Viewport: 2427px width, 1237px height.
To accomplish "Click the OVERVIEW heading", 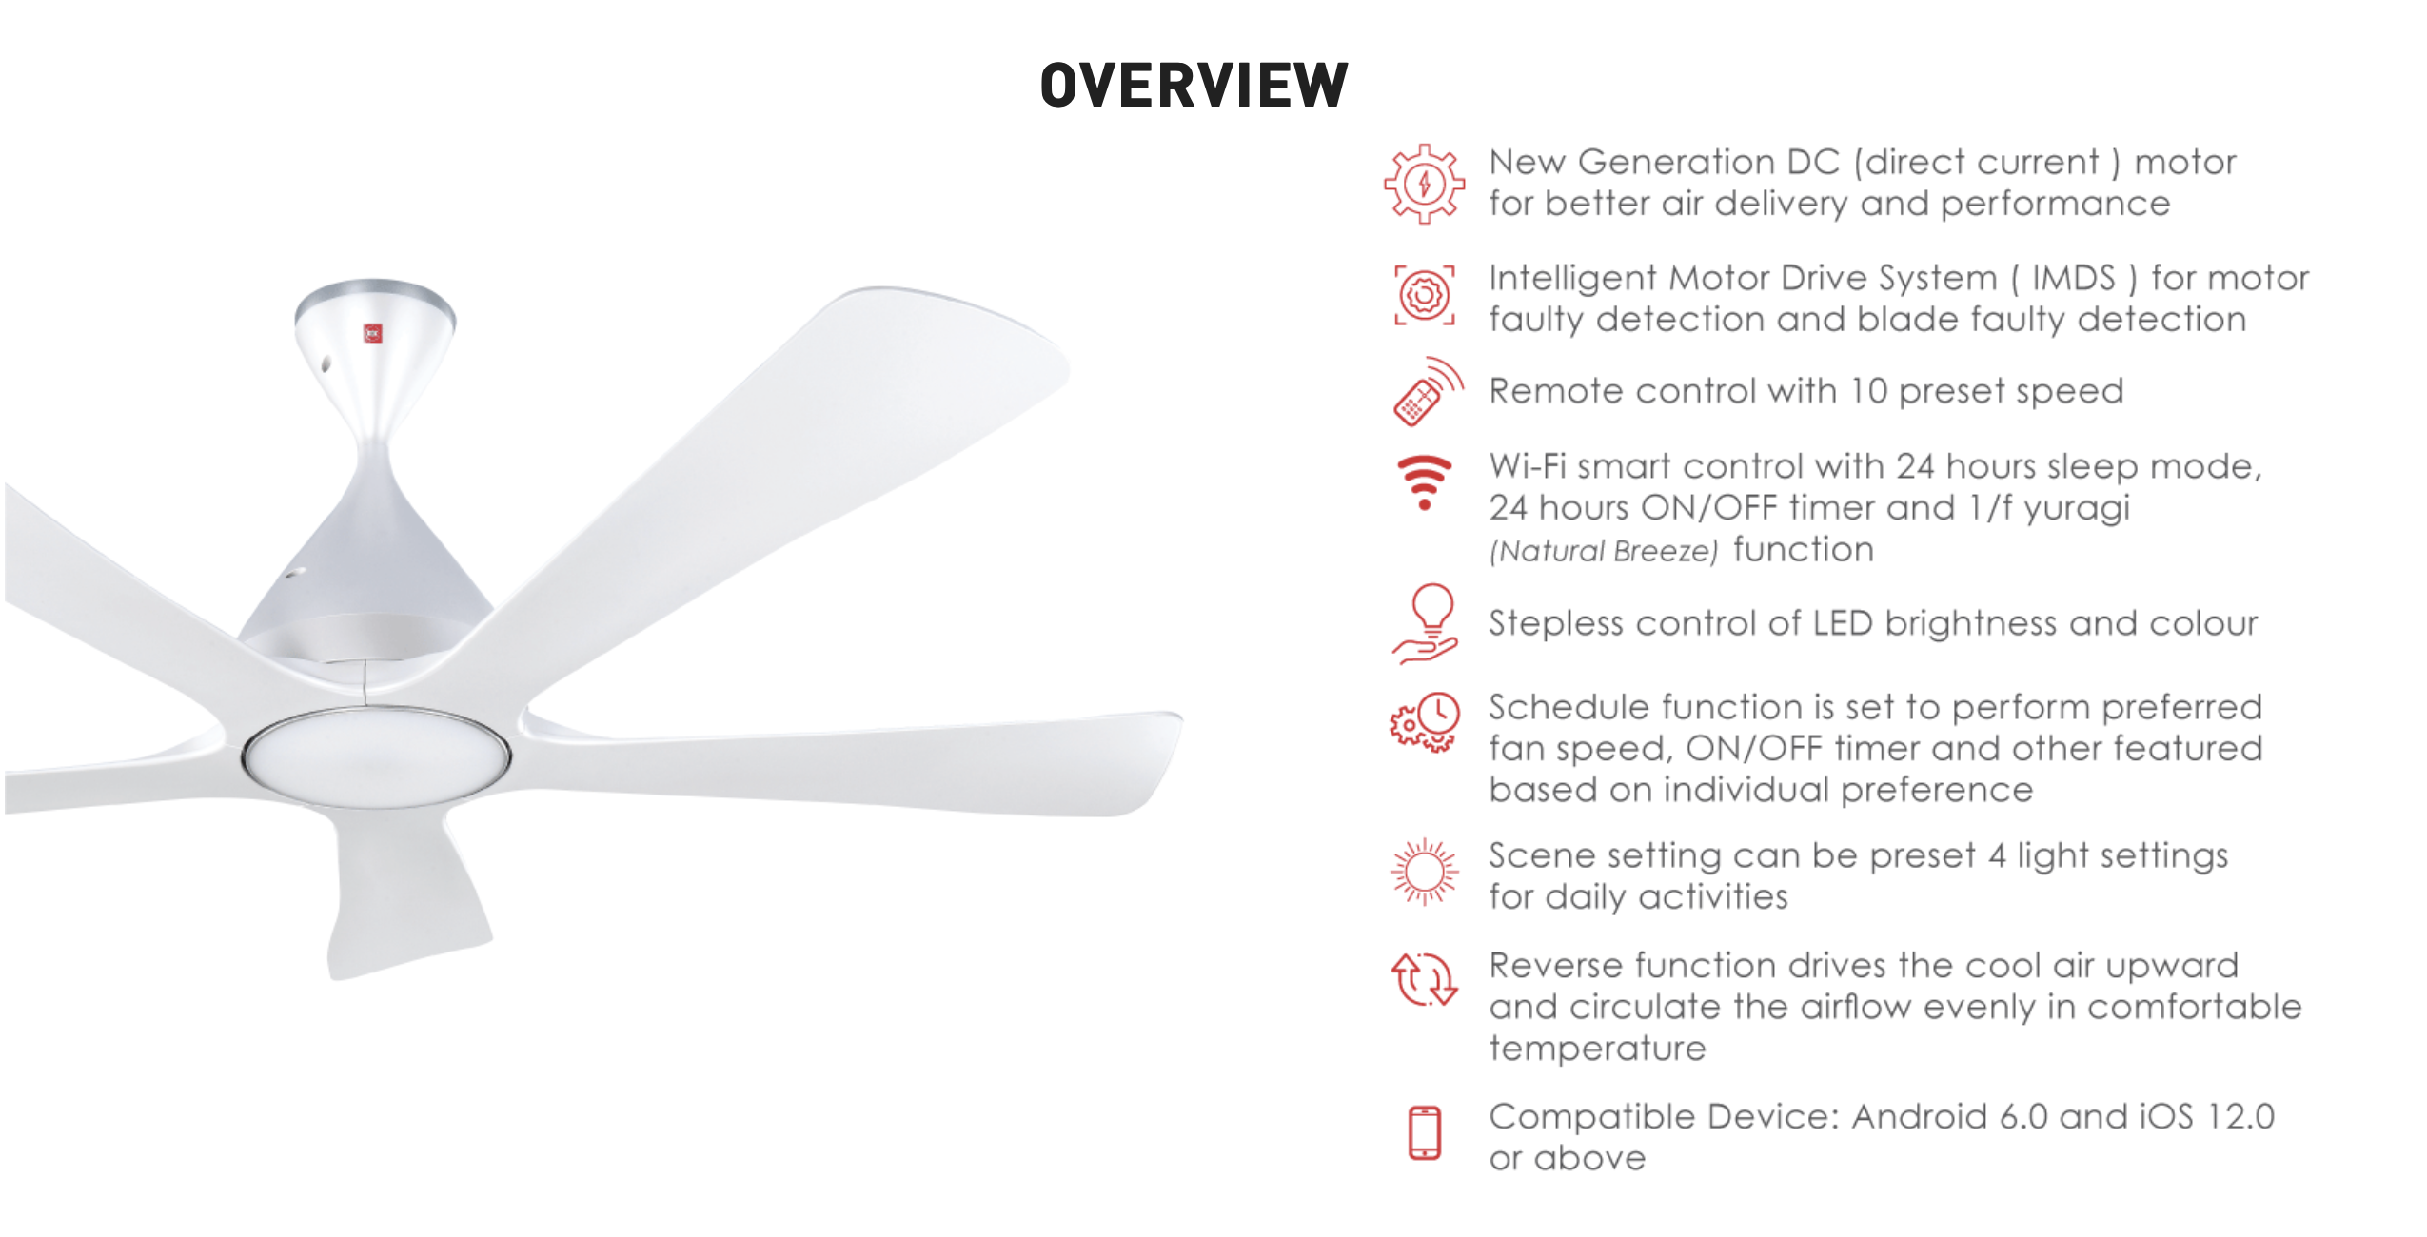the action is (x=1194, y=85).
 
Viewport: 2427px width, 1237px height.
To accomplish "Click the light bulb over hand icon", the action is (x=1425, y=623).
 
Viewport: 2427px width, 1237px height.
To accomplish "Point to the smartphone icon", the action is (x=1425, y=1132).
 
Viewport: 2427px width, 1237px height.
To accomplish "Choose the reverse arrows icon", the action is (x=1424, y=979).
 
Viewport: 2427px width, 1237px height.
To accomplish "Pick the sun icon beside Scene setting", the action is (x=1424, y=871).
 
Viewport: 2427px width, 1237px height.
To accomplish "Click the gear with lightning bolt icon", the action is (x=1424, y=184).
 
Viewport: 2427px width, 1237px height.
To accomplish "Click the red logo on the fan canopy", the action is (x=373, y=333).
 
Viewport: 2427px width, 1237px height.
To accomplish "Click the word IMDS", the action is (x=2073, y=278).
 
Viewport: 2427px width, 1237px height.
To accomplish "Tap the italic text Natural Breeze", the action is (x=1604, y=551).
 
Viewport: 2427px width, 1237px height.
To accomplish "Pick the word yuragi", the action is (x=2077, y=509).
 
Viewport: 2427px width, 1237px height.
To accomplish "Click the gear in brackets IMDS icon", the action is (x=1424, y=296).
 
